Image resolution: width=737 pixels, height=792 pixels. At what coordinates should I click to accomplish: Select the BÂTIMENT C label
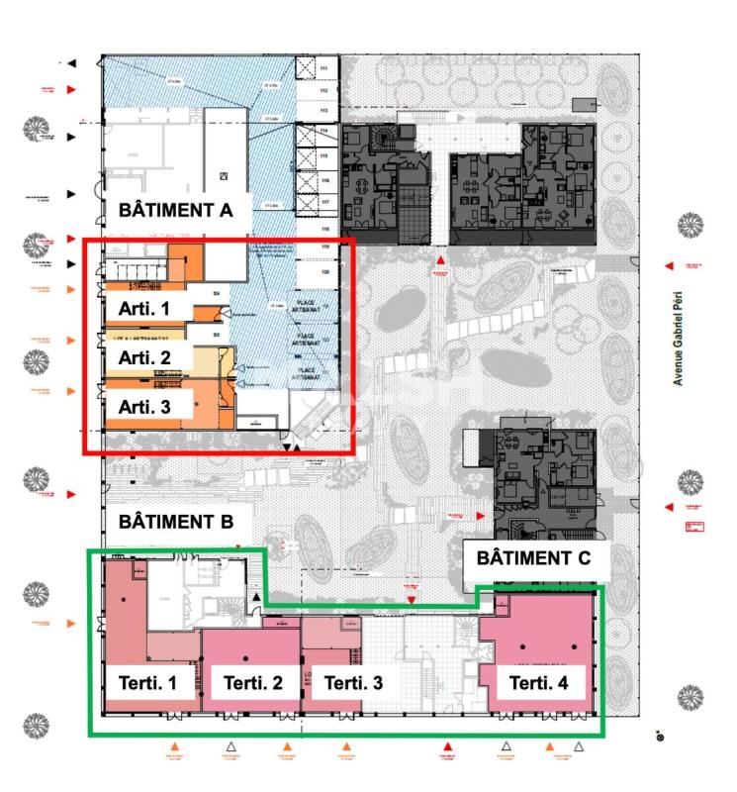(x=533, y=557)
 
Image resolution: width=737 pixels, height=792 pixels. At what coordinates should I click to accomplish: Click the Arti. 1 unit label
(x=144, y=308)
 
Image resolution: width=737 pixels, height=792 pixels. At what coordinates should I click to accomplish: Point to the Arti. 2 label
(x=144, y=356)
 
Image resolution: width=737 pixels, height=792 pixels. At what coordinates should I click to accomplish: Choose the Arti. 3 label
(x=144, y=406)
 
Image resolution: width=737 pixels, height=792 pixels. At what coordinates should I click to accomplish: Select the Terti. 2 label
(x=253, y=682)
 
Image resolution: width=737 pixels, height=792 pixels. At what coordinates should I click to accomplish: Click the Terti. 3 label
(x=354, y=682)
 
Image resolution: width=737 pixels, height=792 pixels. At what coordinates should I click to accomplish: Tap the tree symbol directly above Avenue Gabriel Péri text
(x=690, y=226)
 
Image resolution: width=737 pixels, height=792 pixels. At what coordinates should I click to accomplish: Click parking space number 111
(x=322, y=67)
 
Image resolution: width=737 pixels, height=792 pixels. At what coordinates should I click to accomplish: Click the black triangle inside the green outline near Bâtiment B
(x=256, y=598)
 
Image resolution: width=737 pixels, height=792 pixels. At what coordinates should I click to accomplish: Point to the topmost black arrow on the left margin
(x=71, y=63)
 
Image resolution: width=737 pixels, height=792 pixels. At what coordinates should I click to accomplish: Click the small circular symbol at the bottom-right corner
(x=660, y=737)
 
